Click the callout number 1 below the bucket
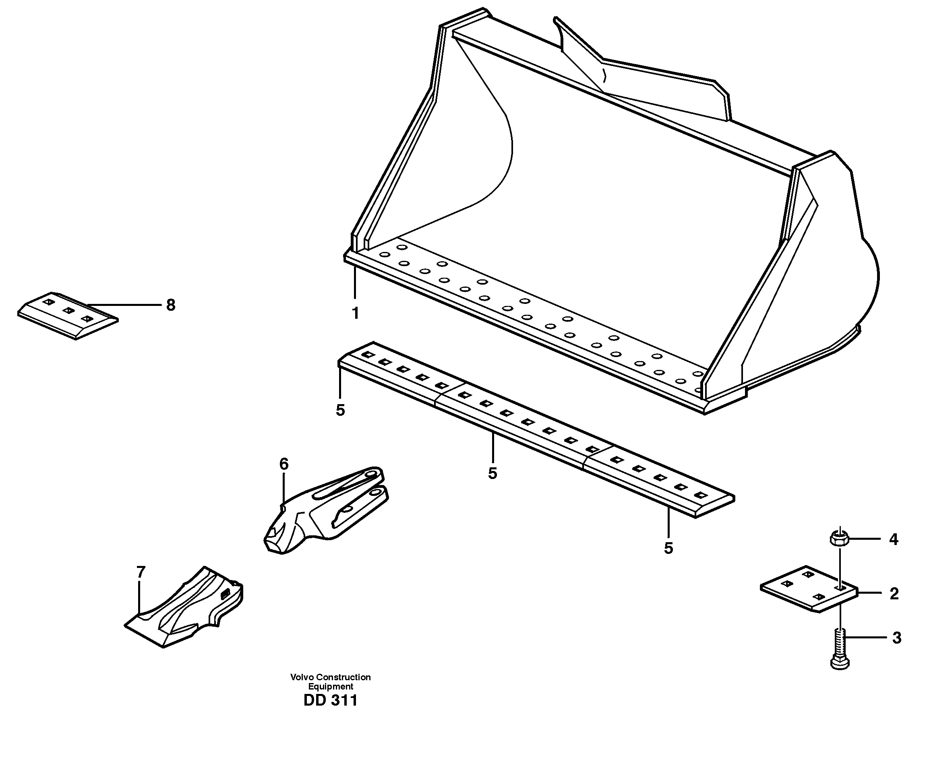pyautogui.click(x=355, y=313)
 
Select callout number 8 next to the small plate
pyautogui.click(x=170, y=305)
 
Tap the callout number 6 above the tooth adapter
pyautogui.click(x=283, y=464)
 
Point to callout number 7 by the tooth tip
pyautogui.click(x=141, y=572)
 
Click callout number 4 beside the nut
pyautogui.click(x=894, y=539)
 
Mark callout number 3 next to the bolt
pyautogui.click(x=896, y=638)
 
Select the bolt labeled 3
pyautogui.click(x=840, y=650)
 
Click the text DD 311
pyautogui.click(x=330, y=700)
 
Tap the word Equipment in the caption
pyautogui.click(x=330, y=686)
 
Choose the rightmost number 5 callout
pyautogui.click(x=668, y=549)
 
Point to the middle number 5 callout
pyautogui.click(x=492, y=473)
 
